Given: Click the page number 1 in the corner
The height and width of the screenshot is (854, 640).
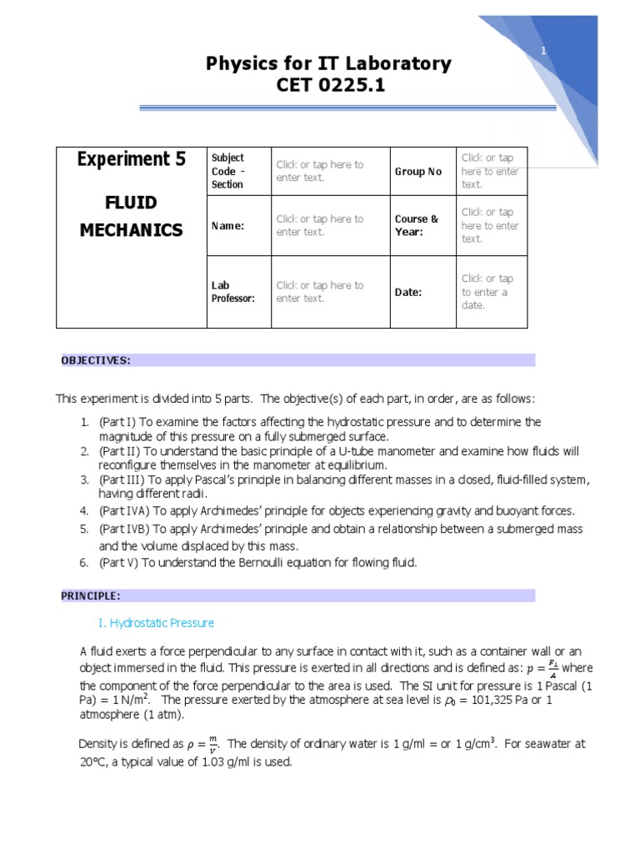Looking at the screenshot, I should pyautogui.click(x=543, y=52).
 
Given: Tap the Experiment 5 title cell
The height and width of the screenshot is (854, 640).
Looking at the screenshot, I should pyautogui.click(x=131, y=159).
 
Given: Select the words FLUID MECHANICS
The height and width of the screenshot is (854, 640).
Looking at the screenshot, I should pyautogui.click(x=131, y=216).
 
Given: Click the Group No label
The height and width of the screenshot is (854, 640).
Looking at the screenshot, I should pyautogui.click(x=418, y=172).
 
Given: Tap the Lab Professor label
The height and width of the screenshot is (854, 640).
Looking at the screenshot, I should pyautogui.click(x=232, y=292).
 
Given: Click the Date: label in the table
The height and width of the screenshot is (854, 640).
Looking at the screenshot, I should pyautogui.click(x=408, y=293).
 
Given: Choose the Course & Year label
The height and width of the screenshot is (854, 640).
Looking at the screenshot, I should pyautogui.click(x=417, y=225).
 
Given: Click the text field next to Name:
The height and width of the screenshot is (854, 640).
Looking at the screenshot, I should pyautogui.click(x=320, y=225).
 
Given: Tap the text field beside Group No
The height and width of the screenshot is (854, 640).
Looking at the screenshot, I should pyautogui.click(x=490, y=171).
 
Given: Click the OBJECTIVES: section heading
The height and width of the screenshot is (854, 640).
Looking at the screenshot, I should pyautogui.click(x=96, y=360).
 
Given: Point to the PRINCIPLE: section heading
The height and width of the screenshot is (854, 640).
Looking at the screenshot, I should pyautogui.click(x=91, y=595).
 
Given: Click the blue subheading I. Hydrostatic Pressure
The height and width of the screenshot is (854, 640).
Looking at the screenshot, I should pyautogui.click(x=156, y=623).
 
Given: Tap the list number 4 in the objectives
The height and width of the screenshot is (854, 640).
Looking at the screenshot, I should pyautogui.click(x=84, y=510).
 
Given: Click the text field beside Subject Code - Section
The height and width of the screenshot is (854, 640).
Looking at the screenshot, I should pyautogui.click(x=320, y=171).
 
